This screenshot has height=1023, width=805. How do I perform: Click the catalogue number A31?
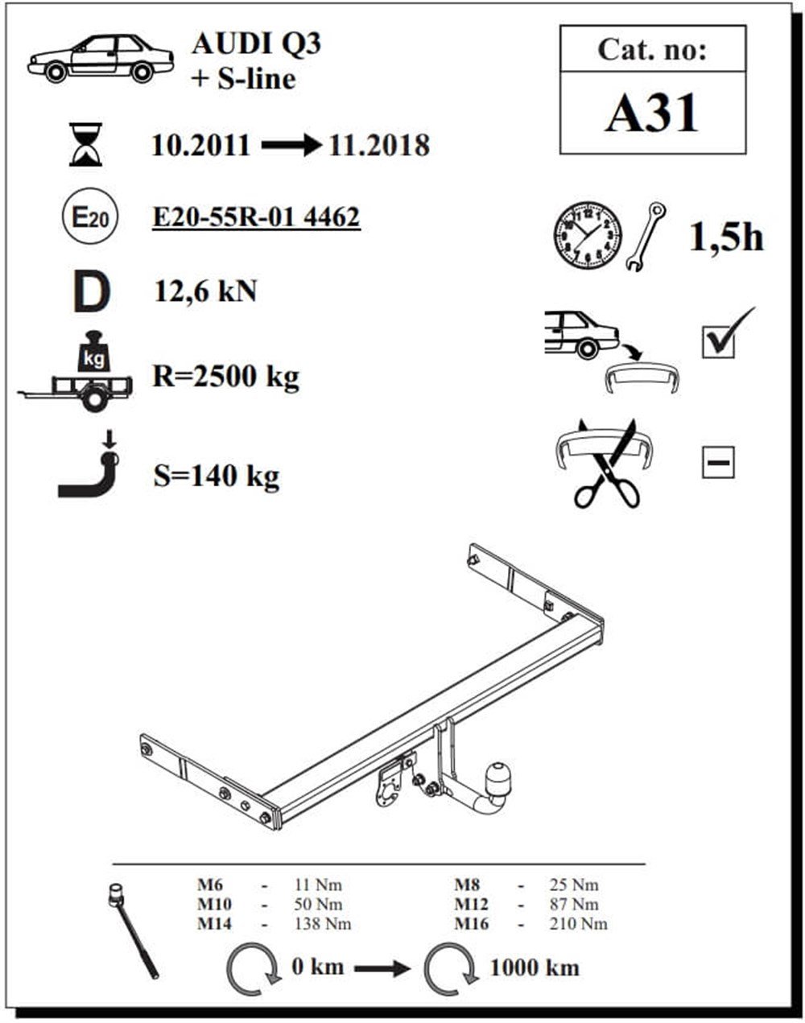(652, 113)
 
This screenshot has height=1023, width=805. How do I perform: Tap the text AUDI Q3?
(256, 43)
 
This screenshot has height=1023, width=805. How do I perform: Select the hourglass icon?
(85, 145)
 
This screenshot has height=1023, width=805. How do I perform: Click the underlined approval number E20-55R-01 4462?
(256, 217)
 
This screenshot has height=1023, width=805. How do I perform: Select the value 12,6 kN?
(205, 291)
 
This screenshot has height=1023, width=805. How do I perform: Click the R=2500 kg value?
(225, 376)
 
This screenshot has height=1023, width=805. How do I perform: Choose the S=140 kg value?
(216, 476)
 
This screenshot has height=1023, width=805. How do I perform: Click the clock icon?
(588, 236)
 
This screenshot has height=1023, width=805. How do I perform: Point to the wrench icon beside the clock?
(646, 236)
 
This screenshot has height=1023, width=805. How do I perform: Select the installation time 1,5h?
(725, 236)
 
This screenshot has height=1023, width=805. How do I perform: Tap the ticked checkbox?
(720, 338)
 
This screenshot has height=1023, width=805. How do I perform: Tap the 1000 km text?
(535, 967)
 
